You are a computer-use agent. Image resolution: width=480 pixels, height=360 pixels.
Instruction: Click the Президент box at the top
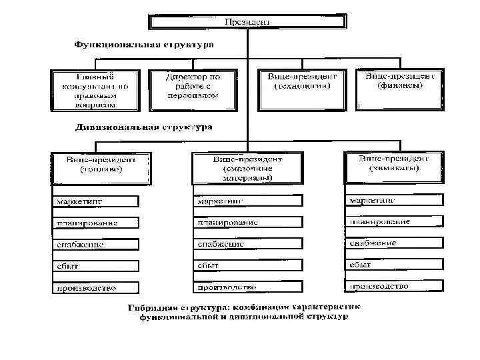point(247,23)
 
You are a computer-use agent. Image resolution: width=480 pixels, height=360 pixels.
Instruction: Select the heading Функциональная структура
point(143,46)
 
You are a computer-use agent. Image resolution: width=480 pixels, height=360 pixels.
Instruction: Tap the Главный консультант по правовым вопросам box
point(96,90)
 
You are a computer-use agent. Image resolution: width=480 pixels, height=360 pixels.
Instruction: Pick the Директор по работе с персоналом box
point(193,89)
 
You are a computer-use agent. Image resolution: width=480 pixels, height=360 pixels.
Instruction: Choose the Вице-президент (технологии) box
point(302,85)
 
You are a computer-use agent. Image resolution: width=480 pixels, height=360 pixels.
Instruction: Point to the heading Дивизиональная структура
point(144,126)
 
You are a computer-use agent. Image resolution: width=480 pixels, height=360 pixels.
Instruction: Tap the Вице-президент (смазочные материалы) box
point(247,170)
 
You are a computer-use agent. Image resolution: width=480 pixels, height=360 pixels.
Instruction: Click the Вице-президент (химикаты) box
point(393,167)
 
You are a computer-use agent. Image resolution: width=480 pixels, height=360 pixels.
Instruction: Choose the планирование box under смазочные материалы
point(247,222)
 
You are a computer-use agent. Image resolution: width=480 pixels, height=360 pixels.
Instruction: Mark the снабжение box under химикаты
point(393,243)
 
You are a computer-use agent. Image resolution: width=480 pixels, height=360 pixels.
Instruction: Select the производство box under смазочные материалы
point(247,287)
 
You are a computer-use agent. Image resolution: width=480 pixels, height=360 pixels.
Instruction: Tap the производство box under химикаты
point(393,286)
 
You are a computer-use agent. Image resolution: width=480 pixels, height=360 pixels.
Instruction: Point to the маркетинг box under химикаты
point(393,200)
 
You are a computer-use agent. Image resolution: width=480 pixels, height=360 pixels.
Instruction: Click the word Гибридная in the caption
point(153,308)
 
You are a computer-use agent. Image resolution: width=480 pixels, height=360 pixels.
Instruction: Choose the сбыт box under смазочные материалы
point(247,265)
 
